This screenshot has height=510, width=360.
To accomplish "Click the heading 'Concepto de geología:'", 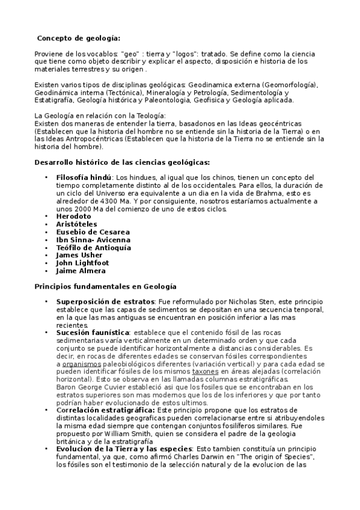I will click(x=79, y=37).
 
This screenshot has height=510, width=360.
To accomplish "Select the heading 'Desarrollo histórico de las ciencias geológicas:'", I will click(x=122, y=162).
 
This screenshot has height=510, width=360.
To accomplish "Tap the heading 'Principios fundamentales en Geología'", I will click(x=105, y=286).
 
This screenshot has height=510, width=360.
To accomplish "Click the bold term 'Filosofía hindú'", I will click(x=84, y=177).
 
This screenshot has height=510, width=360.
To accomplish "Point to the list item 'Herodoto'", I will click(x=73, y=216).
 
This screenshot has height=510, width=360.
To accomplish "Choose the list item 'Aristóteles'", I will click(x=76, y=224).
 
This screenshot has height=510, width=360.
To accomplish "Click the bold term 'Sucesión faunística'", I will click(x=93, y=333).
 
